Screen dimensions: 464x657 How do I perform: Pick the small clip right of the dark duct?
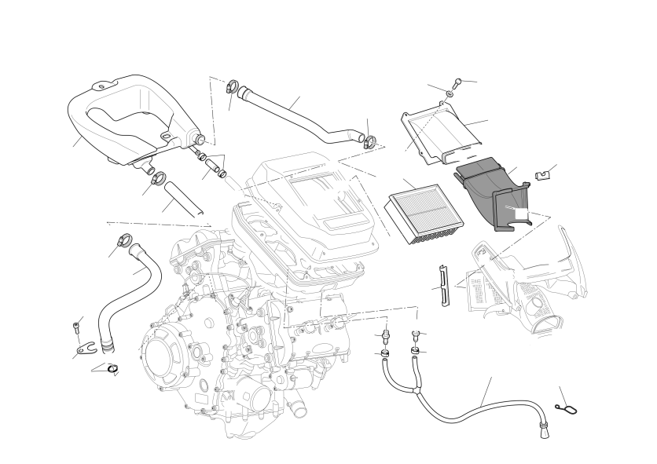(541, 175)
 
